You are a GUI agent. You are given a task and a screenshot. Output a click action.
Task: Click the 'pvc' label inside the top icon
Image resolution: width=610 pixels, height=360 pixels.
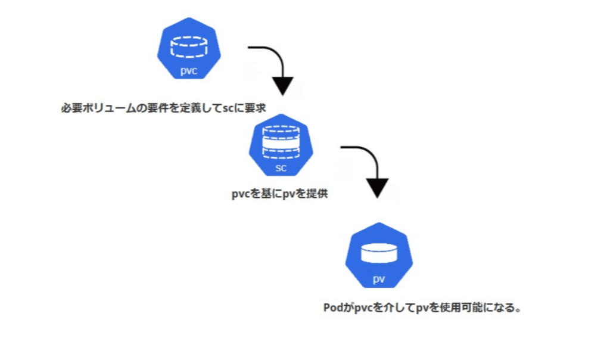click(188, 73)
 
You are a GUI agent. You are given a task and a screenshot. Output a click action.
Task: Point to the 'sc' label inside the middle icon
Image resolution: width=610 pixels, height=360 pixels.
click(281, 168)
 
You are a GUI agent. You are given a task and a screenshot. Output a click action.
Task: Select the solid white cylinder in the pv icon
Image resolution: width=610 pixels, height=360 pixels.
click(379, 253)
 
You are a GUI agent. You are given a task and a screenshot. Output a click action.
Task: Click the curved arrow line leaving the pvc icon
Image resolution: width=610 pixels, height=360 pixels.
click(268, 50)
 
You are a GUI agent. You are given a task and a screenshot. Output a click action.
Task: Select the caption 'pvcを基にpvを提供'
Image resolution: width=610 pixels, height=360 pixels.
click(279, 194)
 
